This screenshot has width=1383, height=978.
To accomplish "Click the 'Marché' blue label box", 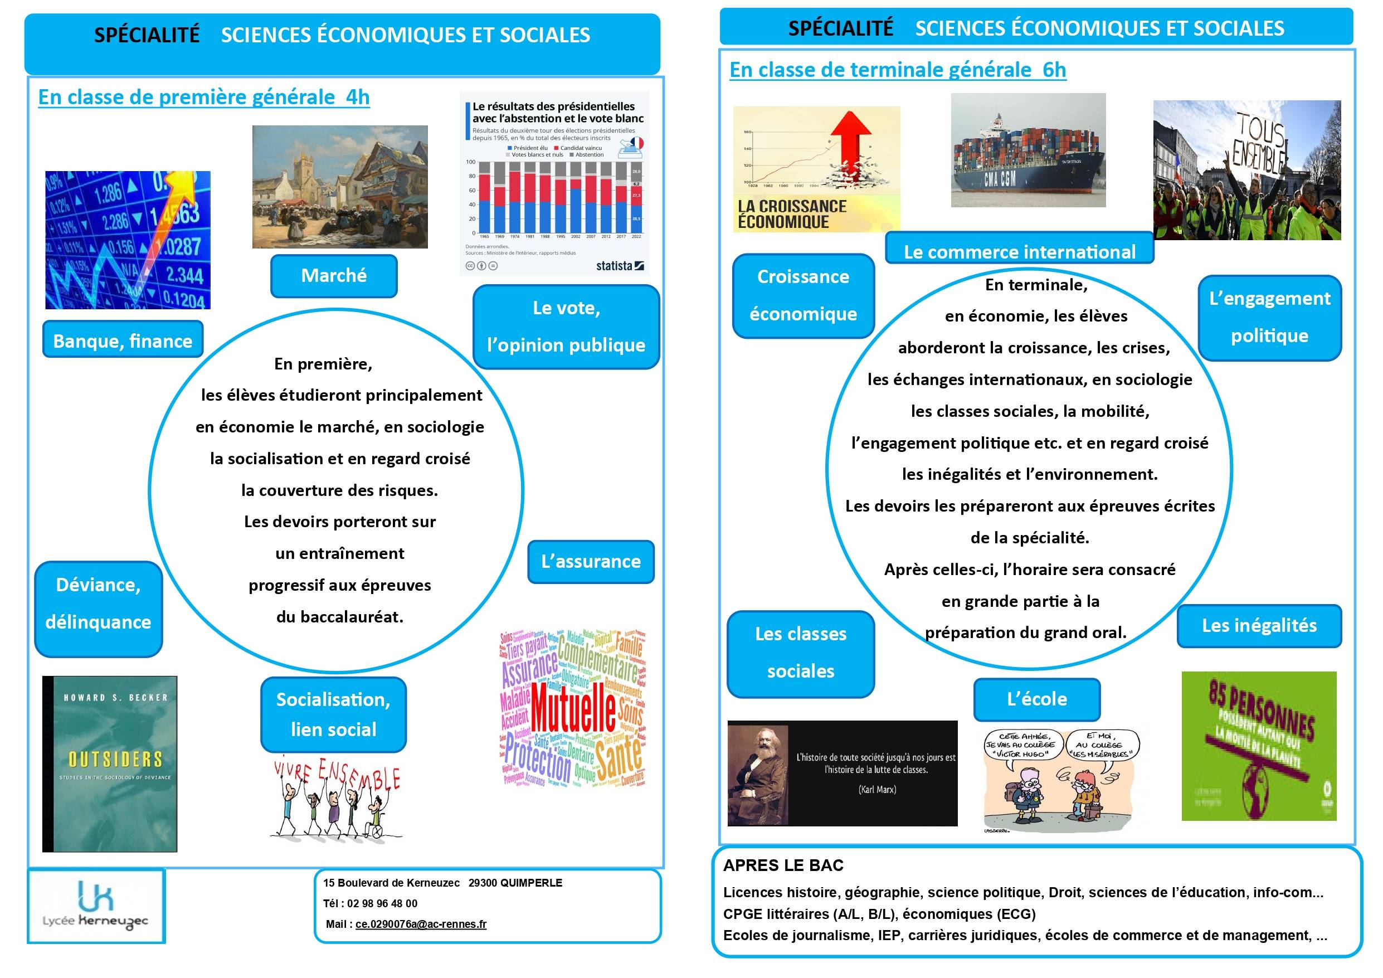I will tap(334, 276).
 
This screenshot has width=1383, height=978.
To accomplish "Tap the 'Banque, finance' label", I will tap(123, 340).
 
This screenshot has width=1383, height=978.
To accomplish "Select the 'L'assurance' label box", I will tap(591, 562).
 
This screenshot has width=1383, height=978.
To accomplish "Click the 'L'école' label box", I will tap(1036, 699).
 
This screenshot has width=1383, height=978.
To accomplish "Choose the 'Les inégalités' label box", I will tap(1259, 625).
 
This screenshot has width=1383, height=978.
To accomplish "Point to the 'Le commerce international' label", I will tap(1019, 251).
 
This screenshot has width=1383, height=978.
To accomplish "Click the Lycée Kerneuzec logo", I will tap(96, 906).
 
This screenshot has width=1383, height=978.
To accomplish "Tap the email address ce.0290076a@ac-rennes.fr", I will tap(421, 924).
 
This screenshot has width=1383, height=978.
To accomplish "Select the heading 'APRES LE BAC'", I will tap(783, 865).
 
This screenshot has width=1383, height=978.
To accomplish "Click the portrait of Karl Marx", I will tap(757, 773).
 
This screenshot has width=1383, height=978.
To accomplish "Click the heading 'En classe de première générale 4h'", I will tap(203, 97).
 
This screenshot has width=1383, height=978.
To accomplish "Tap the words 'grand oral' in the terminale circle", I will tap(1091, 632).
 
